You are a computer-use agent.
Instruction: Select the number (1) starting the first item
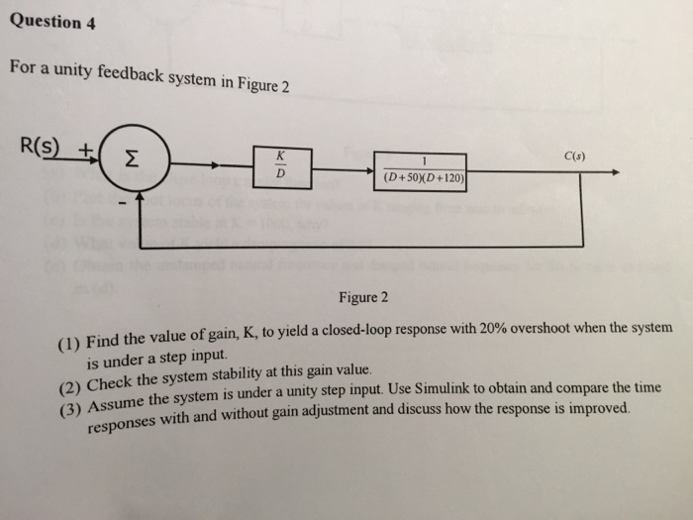67,344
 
